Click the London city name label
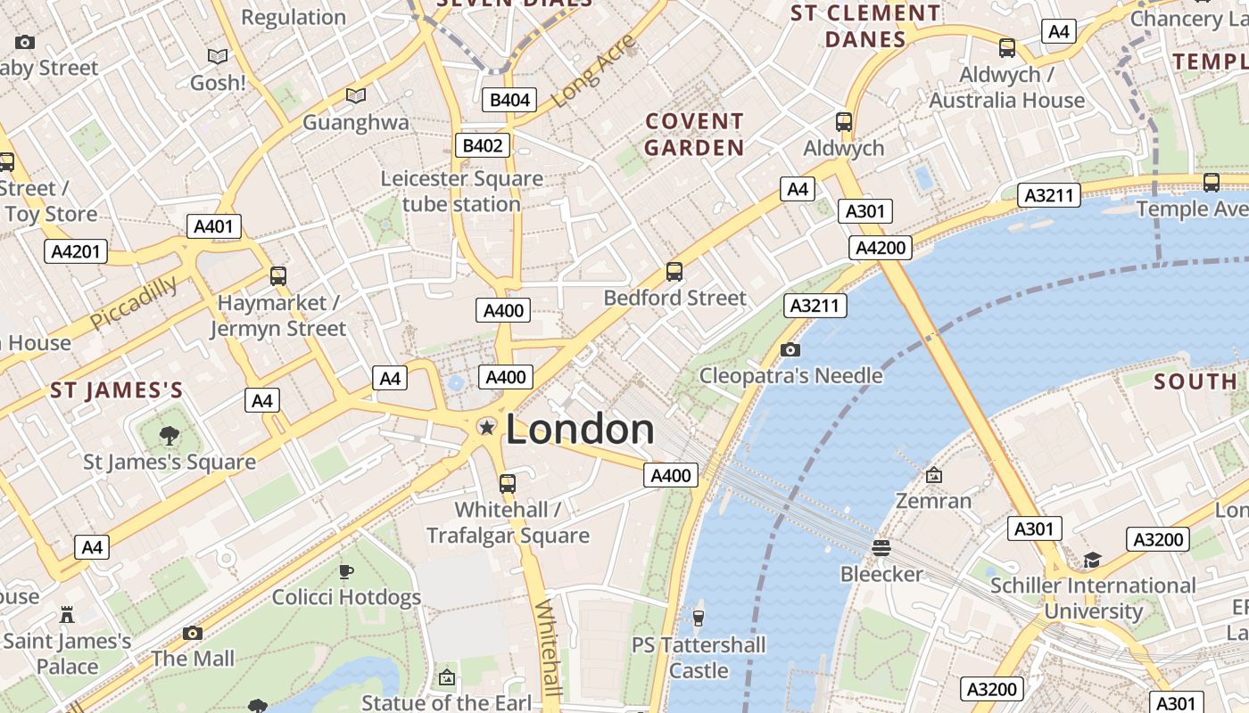(580, 430)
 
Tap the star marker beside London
(487, 428)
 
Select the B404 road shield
(509, 100)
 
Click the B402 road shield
(483, 145)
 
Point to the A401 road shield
(214, 226)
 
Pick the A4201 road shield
(76, 251)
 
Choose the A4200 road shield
(881, 248)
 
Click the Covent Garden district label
(694, 135)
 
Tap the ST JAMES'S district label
(117, 390)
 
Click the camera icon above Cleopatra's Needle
(790, 349)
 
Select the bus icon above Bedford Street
(674, 272)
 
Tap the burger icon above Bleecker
(881, 547)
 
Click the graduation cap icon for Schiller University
(1092, 560)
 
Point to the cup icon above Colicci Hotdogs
(346, 571)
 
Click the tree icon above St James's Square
(169, 436)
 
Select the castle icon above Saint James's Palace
(67, 614)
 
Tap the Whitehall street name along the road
(549, 647)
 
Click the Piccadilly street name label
(134, 302)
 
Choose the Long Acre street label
(593, 71)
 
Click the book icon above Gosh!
(218, 57)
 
